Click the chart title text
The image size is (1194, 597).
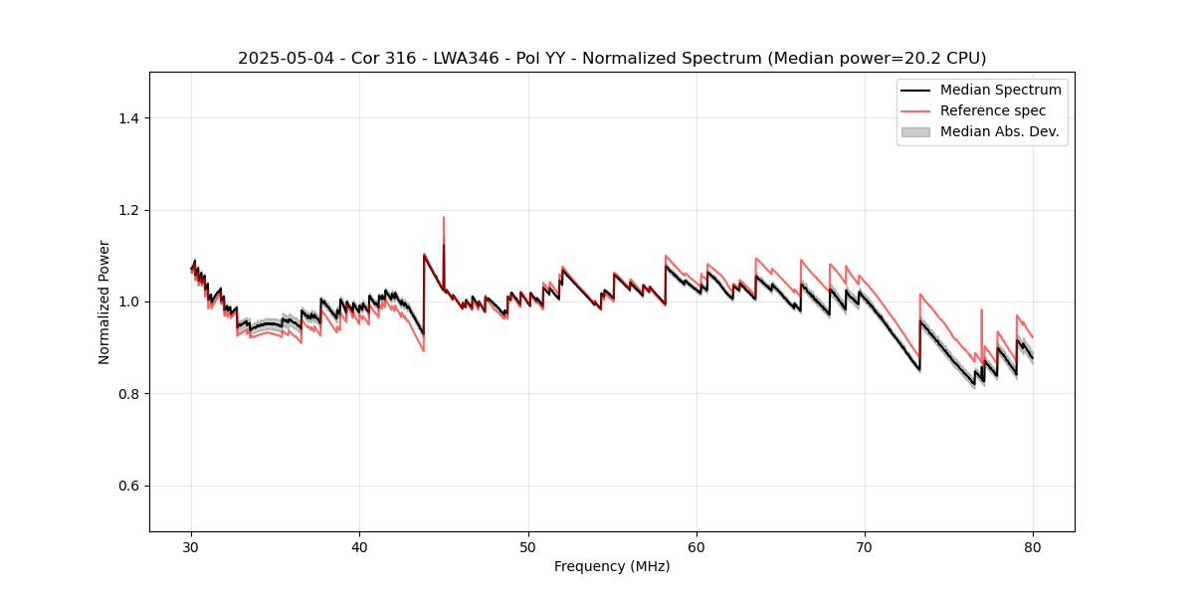(x=612, y=59)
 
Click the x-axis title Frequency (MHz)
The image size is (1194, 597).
(x=612, y=566)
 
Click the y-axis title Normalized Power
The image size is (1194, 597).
(x=103, y=301)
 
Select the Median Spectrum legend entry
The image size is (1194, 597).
(x=1000, y=90)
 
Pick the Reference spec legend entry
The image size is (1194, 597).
(x=992, y=110)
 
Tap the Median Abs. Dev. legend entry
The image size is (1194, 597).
(x=999, y=131)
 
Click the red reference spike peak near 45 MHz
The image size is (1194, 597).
(x=444, y=218)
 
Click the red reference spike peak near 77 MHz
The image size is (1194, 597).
(x=981, y=309)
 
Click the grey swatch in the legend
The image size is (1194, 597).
(x=915, y=131)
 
